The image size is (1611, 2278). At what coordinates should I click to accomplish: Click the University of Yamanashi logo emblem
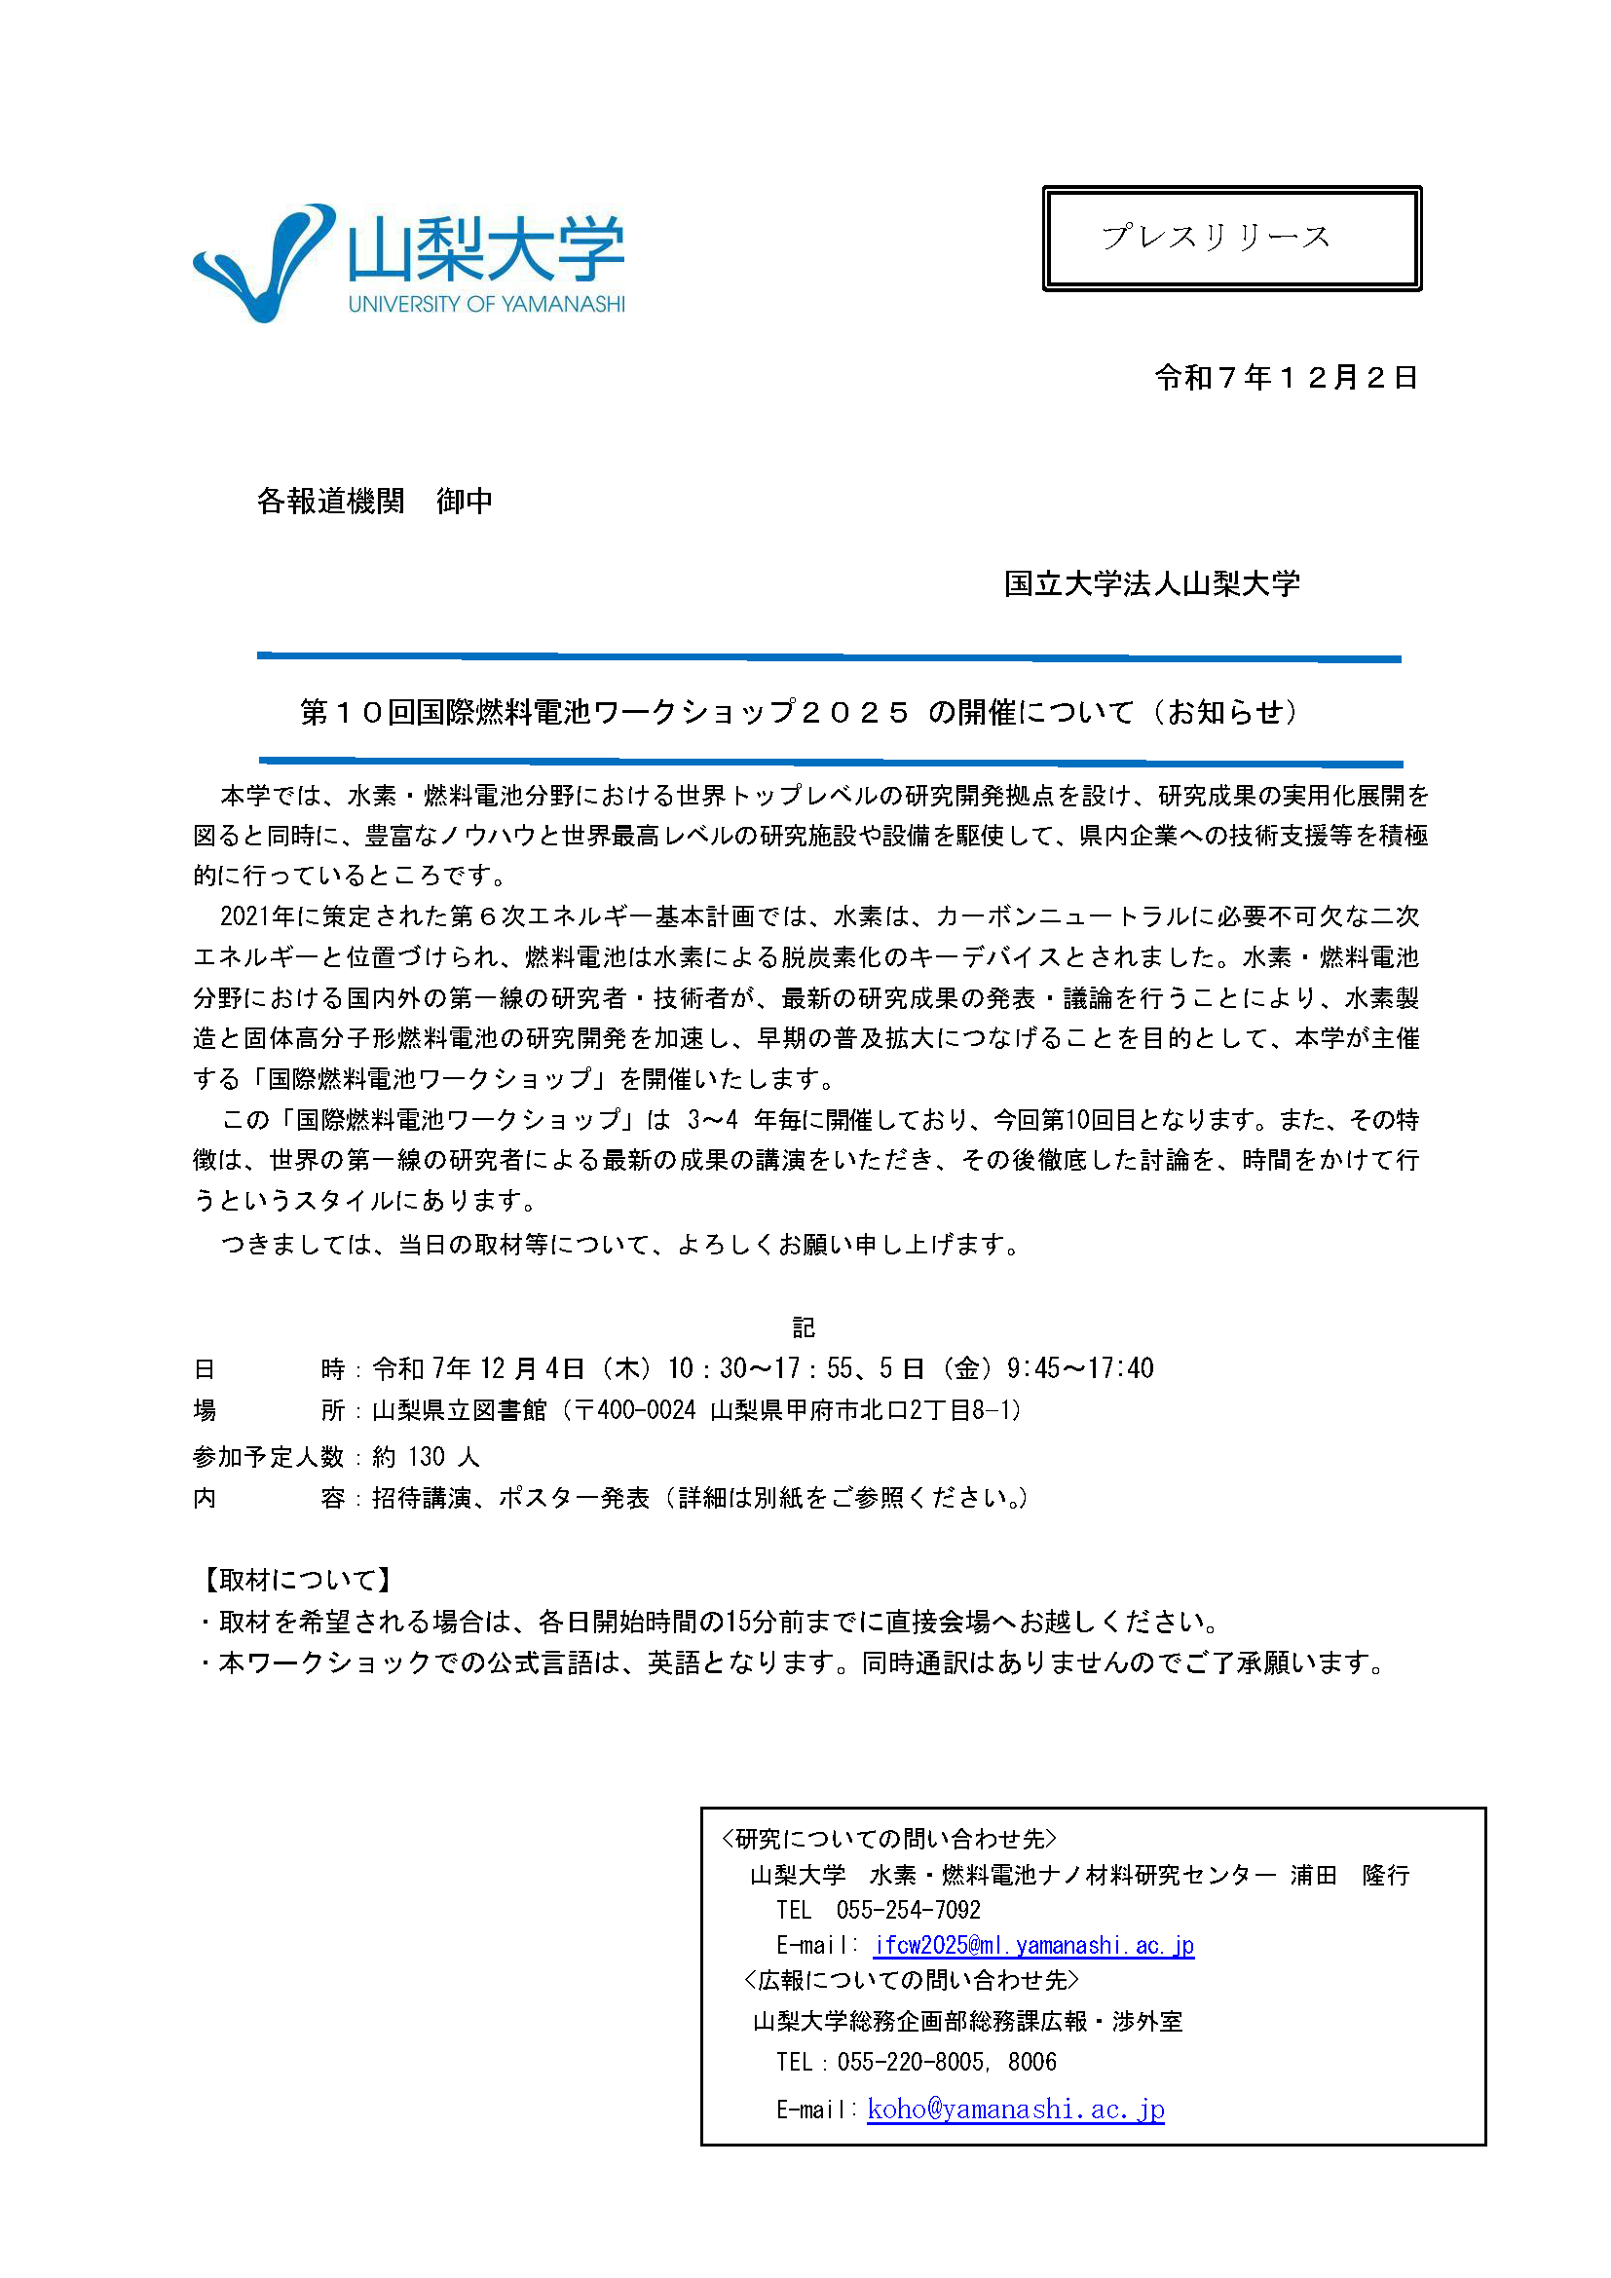coord(264,262)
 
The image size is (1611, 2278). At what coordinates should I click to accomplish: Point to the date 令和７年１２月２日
coord(1286,378)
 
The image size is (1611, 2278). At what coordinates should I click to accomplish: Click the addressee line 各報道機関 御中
coord(374,501)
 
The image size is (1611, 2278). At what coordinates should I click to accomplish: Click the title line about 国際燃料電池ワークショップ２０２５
coord(799,712)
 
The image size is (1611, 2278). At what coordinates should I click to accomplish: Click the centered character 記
coord(803,1327)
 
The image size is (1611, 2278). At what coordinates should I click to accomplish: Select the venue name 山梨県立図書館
coord(459,1410)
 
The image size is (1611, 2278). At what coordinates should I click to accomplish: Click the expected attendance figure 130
coord(426,1456)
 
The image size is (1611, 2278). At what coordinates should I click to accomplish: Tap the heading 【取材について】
coord(298,1580)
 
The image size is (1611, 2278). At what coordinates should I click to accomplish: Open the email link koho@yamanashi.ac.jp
coord(1015,2109)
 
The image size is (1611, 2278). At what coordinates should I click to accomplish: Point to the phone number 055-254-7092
coord(908,1910)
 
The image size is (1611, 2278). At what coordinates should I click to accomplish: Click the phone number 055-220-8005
coord(912,2062)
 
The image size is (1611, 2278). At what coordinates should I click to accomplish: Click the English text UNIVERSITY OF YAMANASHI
coord(486,305)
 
